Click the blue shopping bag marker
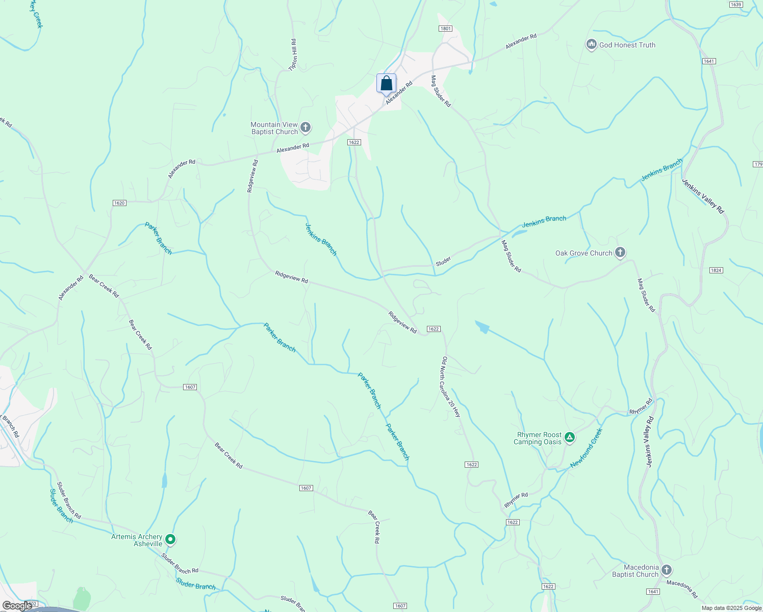pos(386,83)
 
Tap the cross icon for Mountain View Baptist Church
pos(306,127)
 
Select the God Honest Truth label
pos(627,45)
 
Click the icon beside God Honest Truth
pos(592,45)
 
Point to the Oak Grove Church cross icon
pos(620,252)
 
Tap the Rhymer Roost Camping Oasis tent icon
pos(570,437)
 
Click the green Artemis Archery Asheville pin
pos(171,539)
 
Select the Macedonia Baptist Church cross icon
pos(666,570)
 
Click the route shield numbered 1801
pos(446,29)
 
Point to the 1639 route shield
pos(735,5)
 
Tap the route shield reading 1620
pos(119,203)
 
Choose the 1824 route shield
pos(716,270)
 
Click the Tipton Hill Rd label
pos(293,55)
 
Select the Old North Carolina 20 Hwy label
pos(451,387)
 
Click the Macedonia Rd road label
pos(682,589)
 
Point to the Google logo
pos(17,605)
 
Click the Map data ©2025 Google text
pos(731,608)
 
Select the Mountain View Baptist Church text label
pos(274,128)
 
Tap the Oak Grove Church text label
pos(583,253)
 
